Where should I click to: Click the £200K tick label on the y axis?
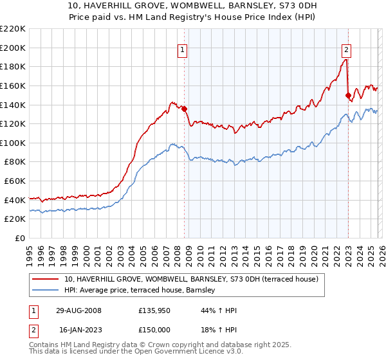13,48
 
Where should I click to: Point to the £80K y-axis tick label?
15,162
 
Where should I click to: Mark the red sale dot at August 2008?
185,109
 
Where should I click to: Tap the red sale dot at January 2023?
348,95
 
